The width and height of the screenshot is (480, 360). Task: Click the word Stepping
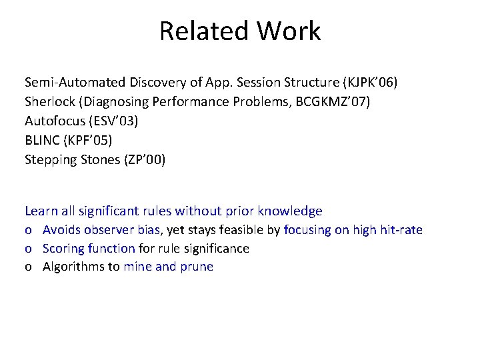(51, 160)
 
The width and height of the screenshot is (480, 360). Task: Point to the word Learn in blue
(41, 211)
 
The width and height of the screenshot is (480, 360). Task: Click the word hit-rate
(399, 230)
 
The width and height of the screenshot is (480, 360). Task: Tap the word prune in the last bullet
(197, 267)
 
